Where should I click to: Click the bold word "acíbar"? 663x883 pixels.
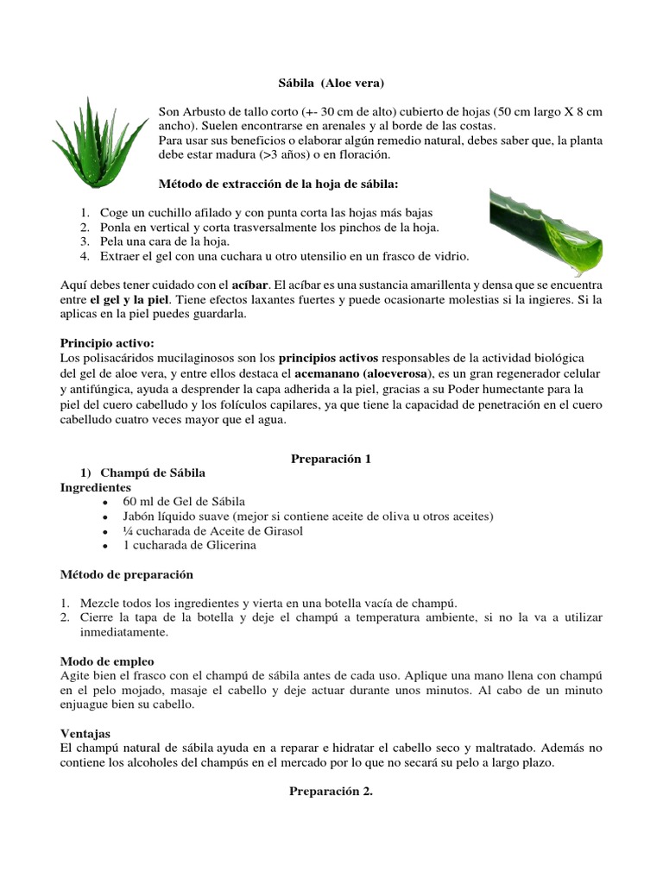click(249, 284)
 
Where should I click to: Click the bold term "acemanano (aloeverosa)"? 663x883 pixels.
click(365, 373)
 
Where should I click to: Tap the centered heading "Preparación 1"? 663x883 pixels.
click(331, 459)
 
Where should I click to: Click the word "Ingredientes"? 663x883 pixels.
click(96, 487)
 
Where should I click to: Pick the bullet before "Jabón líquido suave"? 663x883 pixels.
click(104, 517)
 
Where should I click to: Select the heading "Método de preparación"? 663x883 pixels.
click(127, 574)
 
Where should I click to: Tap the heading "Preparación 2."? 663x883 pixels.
click(331, 792)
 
